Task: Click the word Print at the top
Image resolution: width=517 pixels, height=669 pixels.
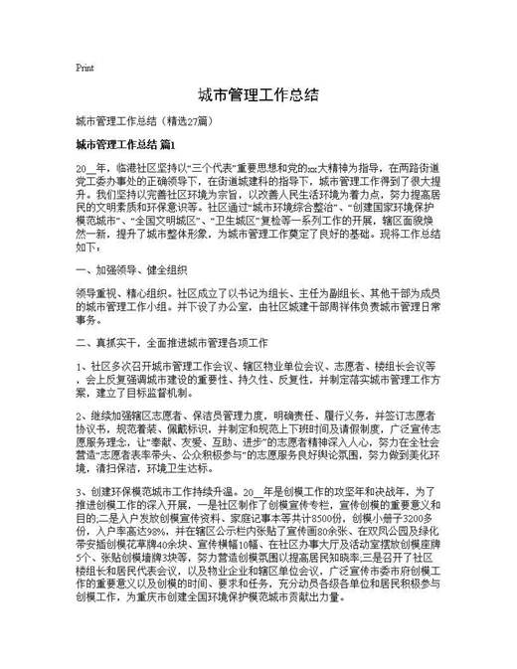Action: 85,69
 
